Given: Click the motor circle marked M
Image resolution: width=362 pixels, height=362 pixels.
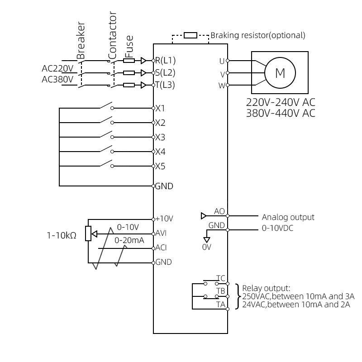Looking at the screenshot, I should [x=280, y=72].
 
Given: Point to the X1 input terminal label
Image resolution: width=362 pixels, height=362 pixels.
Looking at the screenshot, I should [x=160, y=109].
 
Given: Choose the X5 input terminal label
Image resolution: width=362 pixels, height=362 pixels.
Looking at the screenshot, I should [x=160, y=166].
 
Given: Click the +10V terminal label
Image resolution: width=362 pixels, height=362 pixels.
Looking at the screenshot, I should [x=164, y=218].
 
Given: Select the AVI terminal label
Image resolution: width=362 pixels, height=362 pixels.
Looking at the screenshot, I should [x=162, y=233].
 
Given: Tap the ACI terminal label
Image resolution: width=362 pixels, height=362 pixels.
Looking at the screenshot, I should [x=162, y=248].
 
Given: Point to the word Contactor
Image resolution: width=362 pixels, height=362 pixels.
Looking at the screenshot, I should [x=113, y=36].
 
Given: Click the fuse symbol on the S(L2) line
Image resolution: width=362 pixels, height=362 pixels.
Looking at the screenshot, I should [x=129, y=72].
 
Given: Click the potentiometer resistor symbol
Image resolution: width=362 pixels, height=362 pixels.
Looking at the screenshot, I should [x=88, y=233].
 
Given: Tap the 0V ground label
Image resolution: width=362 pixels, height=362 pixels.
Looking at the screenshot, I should [x=206, y=247].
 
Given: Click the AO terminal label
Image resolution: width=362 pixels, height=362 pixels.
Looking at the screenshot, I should [x=219, y=211].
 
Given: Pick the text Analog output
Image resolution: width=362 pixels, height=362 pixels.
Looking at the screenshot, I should [x=288, y=217].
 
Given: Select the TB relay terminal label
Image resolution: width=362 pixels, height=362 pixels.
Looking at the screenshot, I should [x=220, y=291].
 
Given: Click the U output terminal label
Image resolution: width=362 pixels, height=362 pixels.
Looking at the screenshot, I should [x=222, y=60].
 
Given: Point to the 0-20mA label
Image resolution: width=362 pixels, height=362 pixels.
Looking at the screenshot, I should [x=129, y=241].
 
